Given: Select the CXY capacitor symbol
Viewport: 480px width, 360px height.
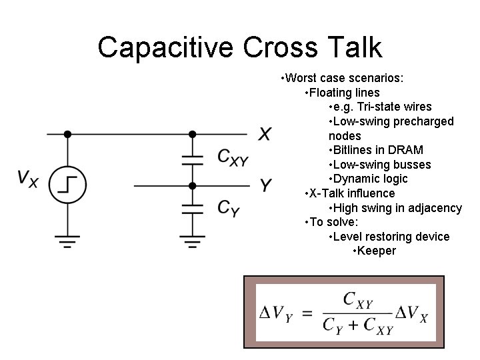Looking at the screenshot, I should coord(193,160).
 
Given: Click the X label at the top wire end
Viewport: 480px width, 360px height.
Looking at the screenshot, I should coord(265,135).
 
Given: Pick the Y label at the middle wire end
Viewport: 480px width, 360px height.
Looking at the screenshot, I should coord(265,186).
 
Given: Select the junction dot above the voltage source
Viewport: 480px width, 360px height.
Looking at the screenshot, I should coord(67,134).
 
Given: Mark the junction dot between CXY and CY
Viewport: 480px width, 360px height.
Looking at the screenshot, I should coord(193,185).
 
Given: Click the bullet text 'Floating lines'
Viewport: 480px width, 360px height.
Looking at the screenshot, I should coord(344,93).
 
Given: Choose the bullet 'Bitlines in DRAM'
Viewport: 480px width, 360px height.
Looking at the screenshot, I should coord(378,150).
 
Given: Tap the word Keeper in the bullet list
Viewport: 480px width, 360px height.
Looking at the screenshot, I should coord(377,251).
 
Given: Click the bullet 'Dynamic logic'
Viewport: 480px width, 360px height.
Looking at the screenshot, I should coord(370,179).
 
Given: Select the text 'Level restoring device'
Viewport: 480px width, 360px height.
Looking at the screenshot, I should coord(391,237).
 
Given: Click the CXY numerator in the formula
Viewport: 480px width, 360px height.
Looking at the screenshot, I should coord(357,301).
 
